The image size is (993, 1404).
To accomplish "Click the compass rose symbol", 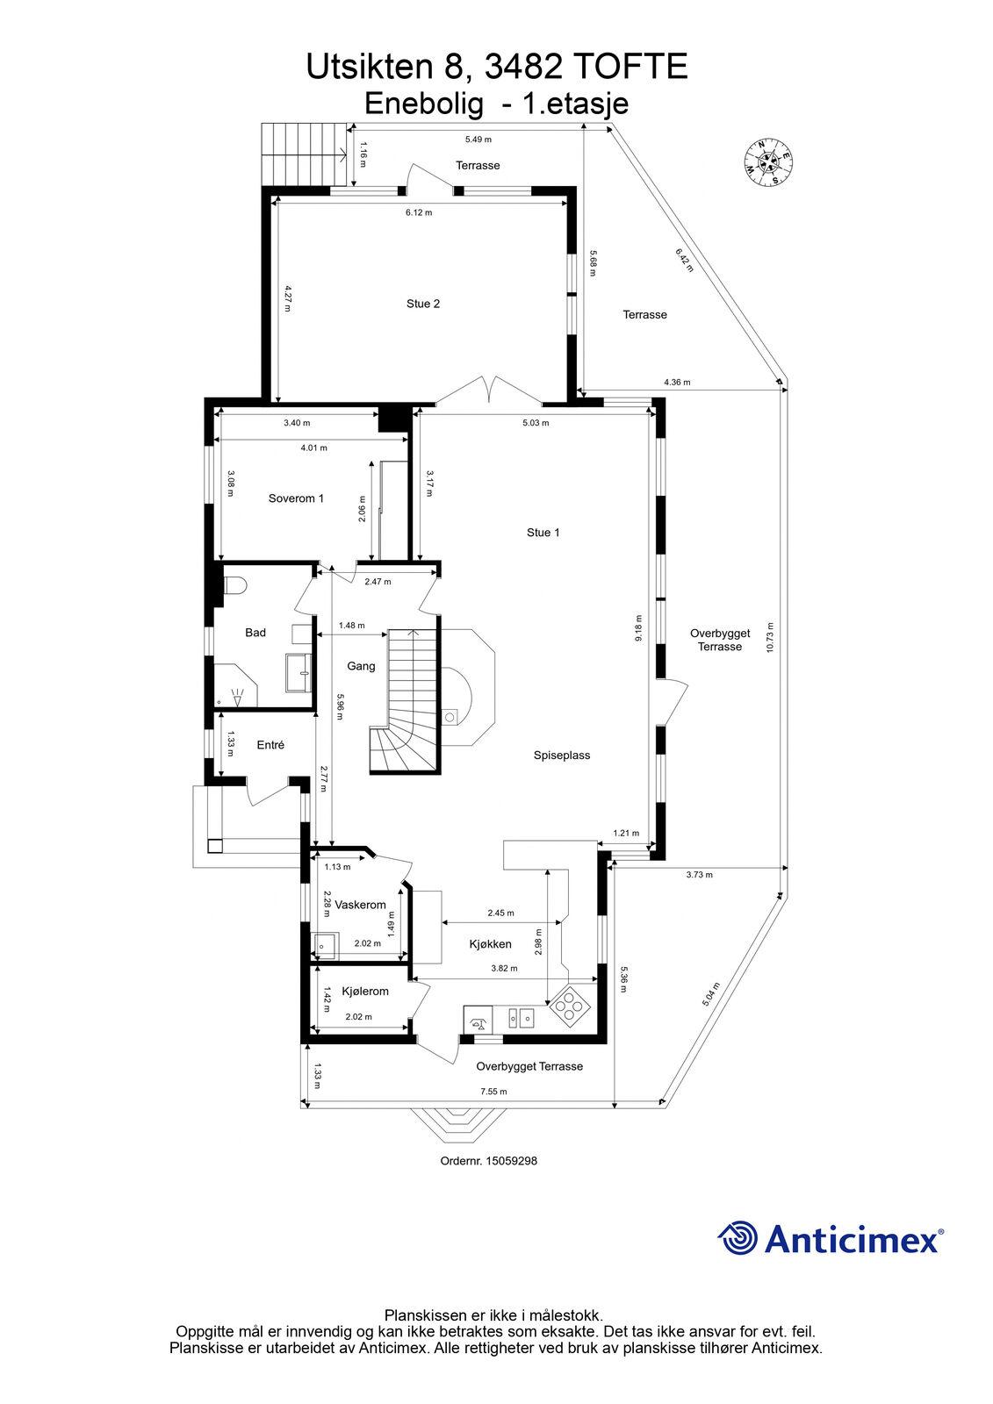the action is [768, 161].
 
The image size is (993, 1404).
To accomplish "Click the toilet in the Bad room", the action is [234, 585].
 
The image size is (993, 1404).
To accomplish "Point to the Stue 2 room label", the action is [423, 304].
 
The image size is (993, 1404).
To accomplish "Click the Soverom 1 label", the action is [296, 498].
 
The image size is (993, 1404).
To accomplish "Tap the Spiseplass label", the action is [561, 756].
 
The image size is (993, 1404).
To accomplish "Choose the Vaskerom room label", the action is [360, 905].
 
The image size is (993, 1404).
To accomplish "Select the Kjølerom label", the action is [365, 991].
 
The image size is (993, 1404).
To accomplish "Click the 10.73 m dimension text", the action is [770, 637].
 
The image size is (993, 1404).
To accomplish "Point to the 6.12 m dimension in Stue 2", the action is [419, 212].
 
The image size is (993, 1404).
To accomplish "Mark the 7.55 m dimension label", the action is [493, 1092].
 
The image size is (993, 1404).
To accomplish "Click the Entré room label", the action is [270, 745].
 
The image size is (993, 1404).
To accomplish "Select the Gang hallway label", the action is [361, 666].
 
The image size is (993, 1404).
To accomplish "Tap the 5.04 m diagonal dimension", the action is [710, 993].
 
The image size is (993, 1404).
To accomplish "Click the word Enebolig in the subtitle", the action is [424, 104].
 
